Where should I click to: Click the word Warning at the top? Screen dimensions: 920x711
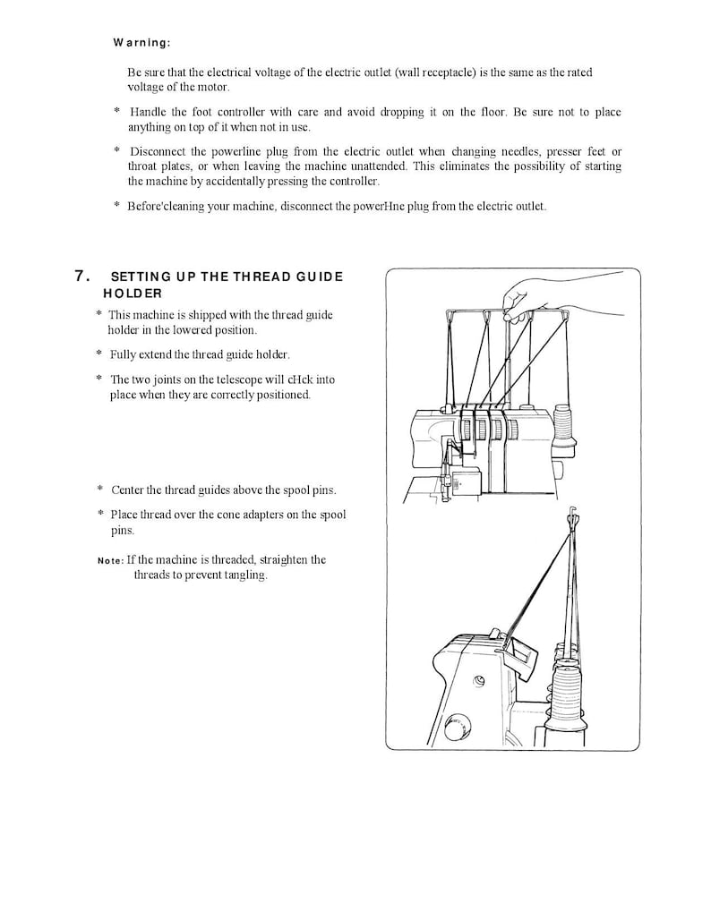pos(141,42)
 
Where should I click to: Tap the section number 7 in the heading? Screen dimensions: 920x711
pos(80,276)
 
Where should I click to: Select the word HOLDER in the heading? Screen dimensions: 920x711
pos(133,293)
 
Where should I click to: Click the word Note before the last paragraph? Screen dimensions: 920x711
pos(109,561)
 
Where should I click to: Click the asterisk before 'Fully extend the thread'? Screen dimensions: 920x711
pos(99,354)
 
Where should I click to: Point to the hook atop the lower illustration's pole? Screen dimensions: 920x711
pos(572,516)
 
